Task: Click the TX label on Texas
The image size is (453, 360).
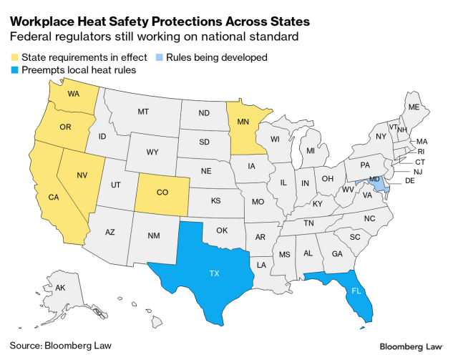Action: pos(214,273)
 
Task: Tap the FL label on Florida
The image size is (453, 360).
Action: pos(356,291)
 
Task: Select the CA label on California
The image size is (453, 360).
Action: pos(54,197)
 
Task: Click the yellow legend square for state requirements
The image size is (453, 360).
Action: pos(14,58)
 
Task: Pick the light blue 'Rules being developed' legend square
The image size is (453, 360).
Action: pos(160,58)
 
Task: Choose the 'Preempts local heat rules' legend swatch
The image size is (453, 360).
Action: pos(14,70)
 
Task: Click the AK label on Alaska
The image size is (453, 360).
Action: pos(60,287)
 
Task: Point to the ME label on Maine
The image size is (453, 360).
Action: pos(413,107)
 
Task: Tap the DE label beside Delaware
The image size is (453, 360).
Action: pos(410,182)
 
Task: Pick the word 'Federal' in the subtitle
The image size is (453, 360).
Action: pos(31,37)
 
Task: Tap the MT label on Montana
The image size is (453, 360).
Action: pos(143,112)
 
